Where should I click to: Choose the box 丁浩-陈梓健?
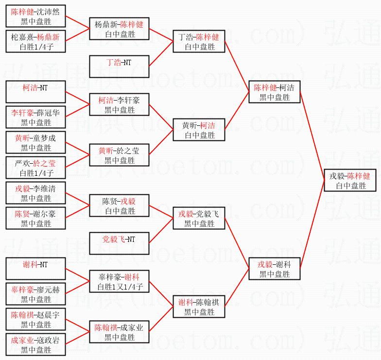tap(199, 41)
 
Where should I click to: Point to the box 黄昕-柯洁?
tap(199, 130)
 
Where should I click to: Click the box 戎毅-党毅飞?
tap(199, 218)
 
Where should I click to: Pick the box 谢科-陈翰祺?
tap(199, 307)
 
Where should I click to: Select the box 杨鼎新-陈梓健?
tap(119, 29)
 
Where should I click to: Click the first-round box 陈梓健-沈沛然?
tap(35, 16)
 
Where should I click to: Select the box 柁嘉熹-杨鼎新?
tap(35, 41)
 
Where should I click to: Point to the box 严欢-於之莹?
tap(35, 168)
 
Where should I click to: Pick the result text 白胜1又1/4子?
tap(119, 286)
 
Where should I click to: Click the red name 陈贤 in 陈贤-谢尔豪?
tap(22, 214)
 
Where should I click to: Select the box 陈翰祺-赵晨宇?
tap(35, 319)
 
